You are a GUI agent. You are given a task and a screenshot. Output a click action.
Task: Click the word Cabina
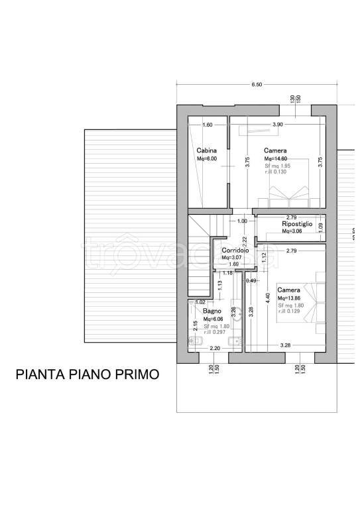coord(206,150)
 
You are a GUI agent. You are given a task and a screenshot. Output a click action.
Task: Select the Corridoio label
coord(235,250)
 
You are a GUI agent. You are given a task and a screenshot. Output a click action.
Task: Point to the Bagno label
coord(212,311)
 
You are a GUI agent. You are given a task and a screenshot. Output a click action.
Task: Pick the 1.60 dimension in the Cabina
coord(207,125)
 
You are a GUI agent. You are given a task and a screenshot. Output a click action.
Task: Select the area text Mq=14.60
coord(276,159)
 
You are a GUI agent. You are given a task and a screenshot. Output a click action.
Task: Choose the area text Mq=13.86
coord(289,299)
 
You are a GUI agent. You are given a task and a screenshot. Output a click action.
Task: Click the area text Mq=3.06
coord(292,232)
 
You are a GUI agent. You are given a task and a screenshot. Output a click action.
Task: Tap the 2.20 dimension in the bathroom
coord(214,348)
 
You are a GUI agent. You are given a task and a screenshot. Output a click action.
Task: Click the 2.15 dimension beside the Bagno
coord(195,325)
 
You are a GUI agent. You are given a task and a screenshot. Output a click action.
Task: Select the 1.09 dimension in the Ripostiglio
coord(321,227)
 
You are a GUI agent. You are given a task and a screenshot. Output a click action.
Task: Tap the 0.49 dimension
coord(251,281)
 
